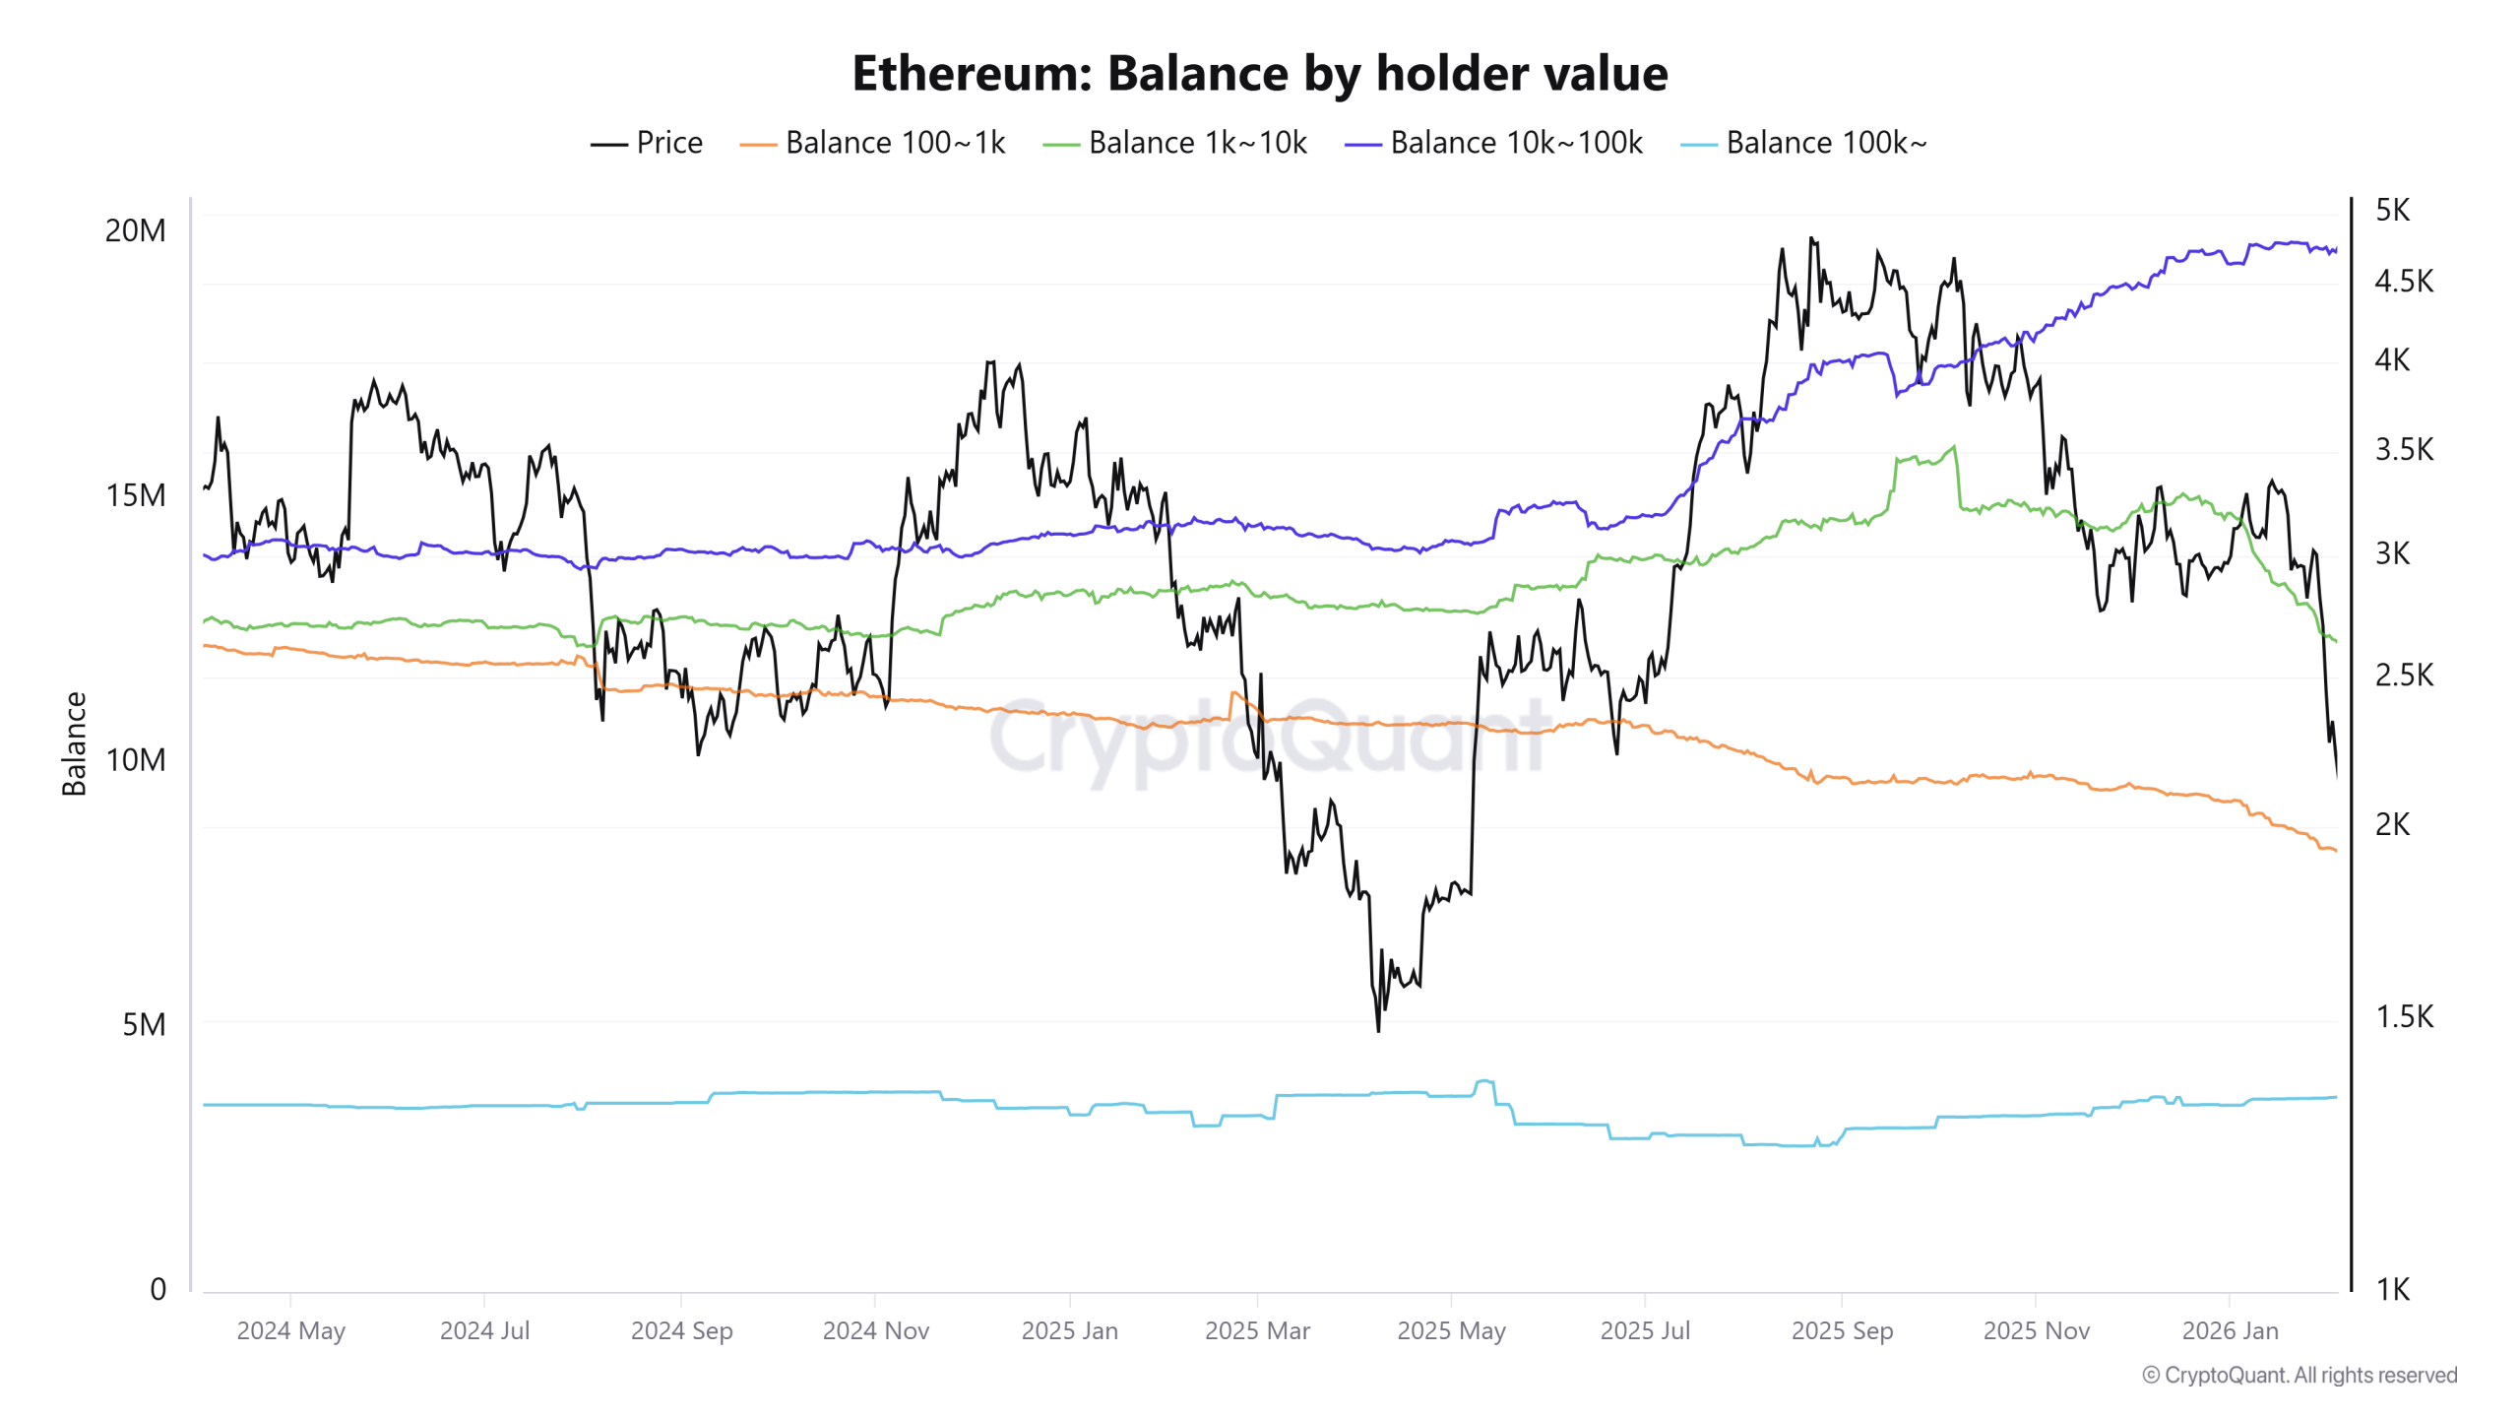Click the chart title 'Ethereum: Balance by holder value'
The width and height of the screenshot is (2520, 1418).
point(1259,74)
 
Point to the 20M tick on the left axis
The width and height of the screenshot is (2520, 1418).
point(136,230)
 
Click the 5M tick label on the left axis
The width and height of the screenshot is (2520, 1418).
point(144,1024)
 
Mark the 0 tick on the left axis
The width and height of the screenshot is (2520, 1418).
point(157,1289)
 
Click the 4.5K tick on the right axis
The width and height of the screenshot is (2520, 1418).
point(2403,282)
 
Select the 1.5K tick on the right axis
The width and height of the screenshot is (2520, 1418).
point(2403,1016)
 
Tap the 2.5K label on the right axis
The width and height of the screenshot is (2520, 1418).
point(2403,676)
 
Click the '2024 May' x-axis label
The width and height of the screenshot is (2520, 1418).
point(290,1330)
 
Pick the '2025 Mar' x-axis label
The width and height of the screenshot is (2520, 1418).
point(1257,1330)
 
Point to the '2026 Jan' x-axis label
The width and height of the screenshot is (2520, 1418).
point(2230,1330)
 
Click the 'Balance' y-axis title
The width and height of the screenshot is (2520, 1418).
point(74,743)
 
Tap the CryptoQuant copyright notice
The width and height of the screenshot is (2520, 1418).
point(2299,1375)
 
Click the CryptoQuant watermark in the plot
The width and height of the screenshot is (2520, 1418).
point(1270,739)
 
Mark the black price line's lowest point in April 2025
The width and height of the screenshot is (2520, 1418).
point(1378,1030)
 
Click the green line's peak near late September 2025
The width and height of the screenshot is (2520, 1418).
point(1954,447)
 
